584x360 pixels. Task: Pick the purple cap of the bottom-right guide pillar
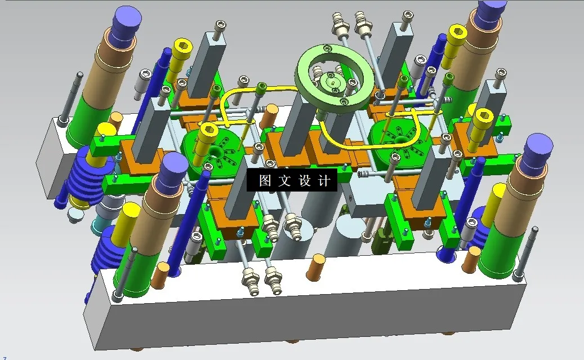click(538, 149)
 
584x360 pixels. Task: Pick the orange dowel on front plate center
click(316, 268)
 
